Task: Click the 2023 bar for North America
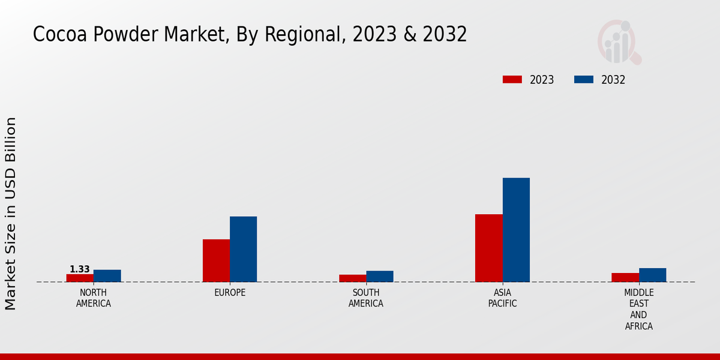click(x=80, y=278)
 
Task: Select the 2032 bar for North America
click(x=107, y=276)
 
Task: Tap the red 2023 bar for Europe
click(x=216, y=260)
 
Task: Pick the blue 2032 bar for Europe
click(x=243, y=249)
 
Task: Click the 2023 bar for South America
click(x=352, y=278)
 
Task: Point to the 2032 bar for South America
click(x=380, y=277)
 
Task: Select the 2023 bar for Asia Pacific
click(x=488, y=248)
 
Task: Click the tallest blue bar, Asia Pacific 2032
click(x=516, y=230)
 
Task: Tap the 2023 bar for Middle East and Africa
click(x=625, y=277)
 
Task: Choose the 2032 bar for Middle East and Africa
click(x=652, y=275)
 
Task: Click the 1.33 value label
click(x=80, y=269)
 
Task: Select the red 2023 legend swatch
click(x=512, y=80)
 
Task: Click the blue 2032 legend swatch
click(x=584, y=80)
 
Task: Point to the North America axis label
click(x=94, y=298)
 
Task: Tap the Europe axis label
click(x=230, y=293)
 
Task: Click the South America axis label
click(x=366, y=298)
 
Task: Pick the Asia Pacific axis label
click(x=503, y=298)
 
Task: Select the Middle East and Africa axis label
click(x=639, y=310)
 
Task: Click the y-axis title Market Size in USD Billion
click(x=11, y=213)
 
